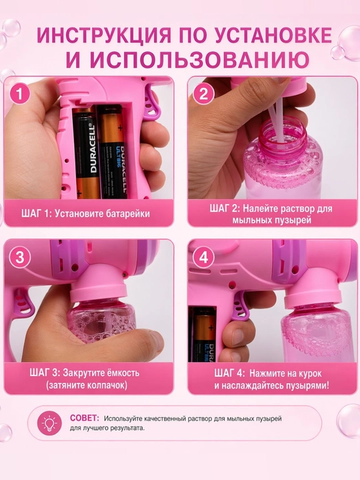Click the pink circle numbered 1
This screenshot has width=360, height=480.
click(x=19, y=94)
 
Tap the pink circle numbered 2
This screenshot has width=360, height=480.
click(x=203, y=94)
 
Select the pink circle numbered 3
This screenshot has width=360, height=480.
click(x=19, y=257)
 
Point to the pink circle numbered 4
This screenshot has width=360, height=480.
click(x=203, y=257)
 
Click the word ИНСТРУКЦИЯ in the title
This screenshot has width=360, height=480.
click(x=103, y=35)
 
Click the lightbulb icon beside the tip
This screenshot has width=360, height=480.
click(x=49, y=424)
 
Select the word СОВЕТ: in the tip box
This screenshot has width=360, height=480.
click(x=85, y=418)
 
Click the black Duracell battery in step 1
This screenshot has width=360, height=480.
click(x=86, y=153)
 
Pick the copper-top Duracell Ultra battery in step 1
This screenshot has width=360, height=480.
click(x=114, y=151)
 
